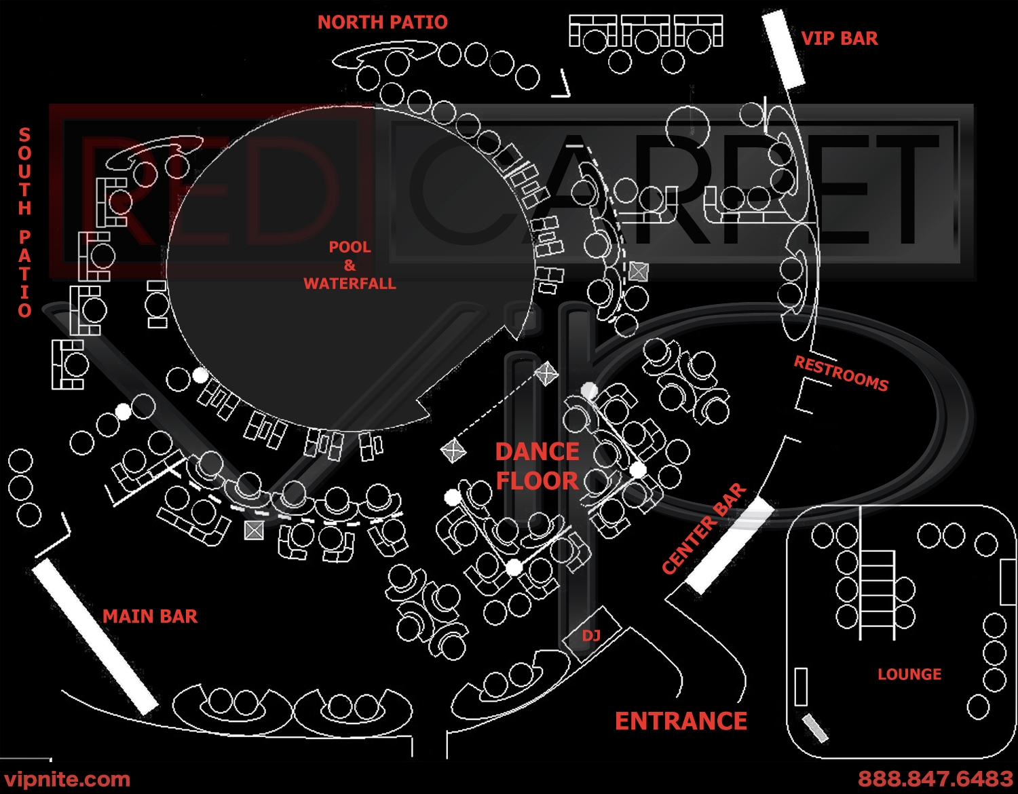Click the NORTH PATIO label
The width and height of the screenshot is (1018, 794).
(x=382, y=22)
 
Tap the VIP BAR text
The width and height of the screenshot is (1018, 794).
(x=840, y=39)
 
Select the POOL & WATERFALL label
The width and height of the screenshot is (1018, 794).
(x=350, y=265)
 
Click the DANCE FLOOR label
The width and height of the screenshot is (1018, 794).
(x=537, y=466)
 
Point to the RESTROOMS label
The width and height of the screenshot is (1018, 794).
(x=841, y=374)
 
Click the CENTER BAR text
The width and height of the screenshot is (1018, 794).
(x=704, y=529)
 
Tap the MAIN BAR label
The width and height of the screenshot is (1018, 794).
(x=150, y=616)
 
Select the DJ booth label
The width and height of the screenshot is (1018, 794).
(x=591, y=636)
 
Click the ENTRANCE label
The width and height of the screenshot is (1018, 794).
(x=681, y=721)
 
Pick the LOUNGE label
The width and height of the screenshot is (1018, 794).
(x=909, y=675)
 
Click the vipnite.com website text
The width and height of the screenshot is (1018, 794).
(x=67, y=779)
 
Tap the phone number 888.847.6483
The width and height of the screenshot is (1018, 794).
(x=935, y=778)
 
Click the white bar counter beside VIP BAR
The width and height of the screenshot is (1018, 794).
(x=783, y=50)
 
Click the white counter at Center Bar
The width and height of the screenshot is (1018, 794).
(x=730, y=545)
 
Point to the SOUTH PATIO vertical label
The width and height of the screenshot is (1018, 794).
(x=25, y=223)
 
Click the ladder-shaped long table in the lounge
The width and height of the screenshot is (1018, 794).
(x=878, y=595)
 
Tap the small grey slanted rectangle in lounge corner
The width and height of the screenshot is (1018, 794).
(x=815, y=728)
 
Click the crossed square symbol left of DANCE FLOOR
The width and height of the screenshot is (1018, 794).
(x=453, y=451)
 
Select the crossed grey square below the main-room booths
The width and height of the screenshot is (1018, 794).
(x=254, y=530)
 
